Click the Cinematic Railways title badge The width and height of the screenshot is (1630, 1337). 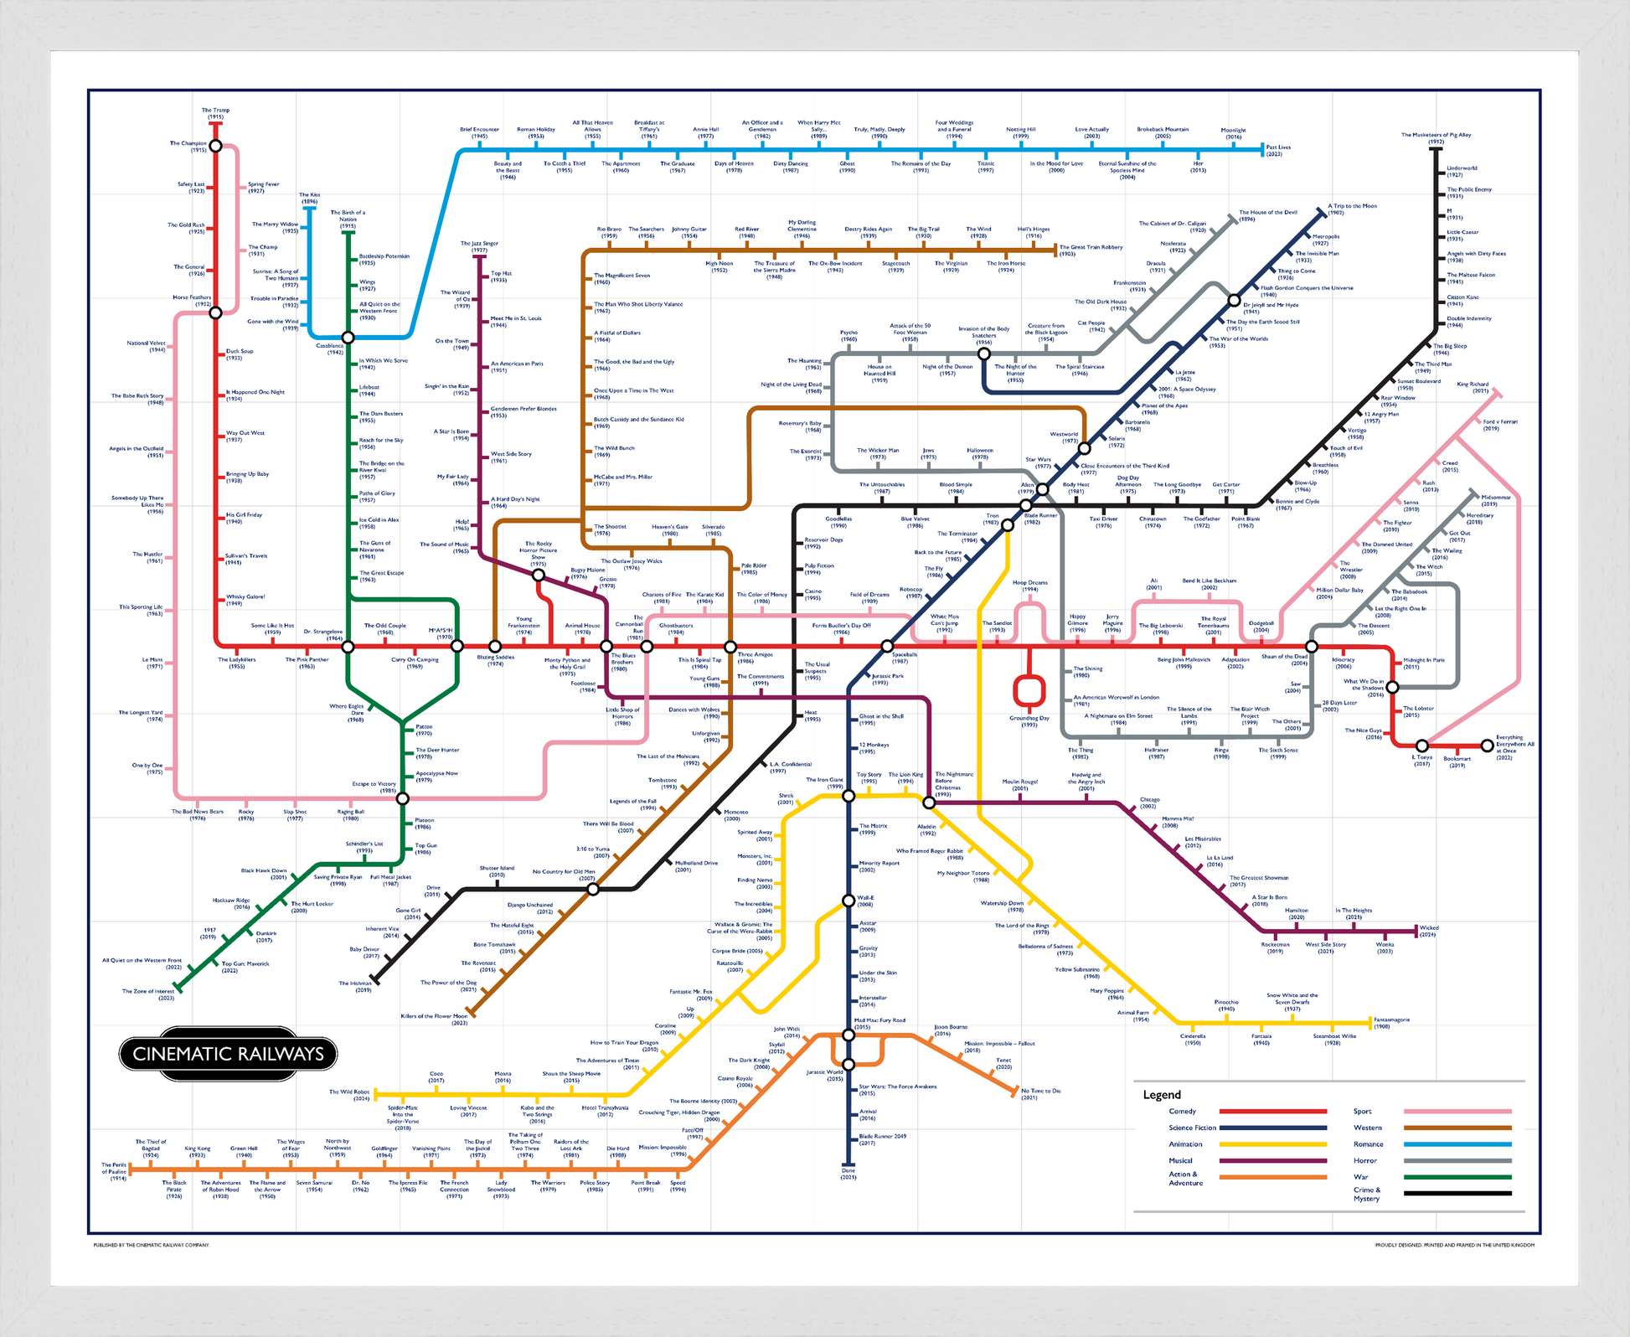228,1054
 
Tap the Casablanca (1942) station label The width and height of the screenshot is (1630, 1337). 330,348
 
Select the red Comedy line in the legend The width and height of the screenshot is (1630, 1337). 1272,1112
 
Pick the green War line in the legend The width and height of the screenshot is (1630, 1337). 1457,1177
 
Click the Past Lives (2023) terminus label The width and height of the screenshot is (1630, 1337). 1278,151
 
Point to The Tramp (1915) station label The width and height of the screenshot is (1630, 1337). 215,113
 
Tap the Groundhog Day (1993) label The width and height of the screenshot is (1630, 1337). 1029,721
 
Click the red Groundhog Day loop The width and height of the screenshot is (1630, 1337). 1029,689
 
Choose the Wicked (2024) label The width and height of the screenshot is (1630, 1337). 1429,931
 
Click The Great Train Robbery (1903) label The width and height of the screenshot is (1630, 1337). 1091,250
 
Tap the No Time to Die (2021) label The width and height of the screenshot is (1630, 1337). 1041,1094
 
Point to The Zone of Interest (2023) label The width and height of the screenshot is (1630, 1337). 148,994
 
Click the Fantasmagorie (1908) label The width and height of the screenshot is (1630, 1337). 1391,1023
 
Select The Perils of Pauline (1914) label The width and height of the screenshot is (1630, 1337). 114,1171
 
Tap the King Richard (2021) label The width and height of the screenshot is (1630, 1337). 1473,387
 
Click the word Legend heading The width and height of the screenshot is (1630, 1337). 1162,1095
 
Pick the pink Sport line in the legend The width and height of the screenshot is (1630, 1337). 1457,1112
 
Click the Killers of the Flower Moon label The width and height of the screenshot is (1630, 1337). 434,1020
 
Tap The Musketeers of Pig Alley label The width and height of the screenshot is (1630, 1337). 1436,137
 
